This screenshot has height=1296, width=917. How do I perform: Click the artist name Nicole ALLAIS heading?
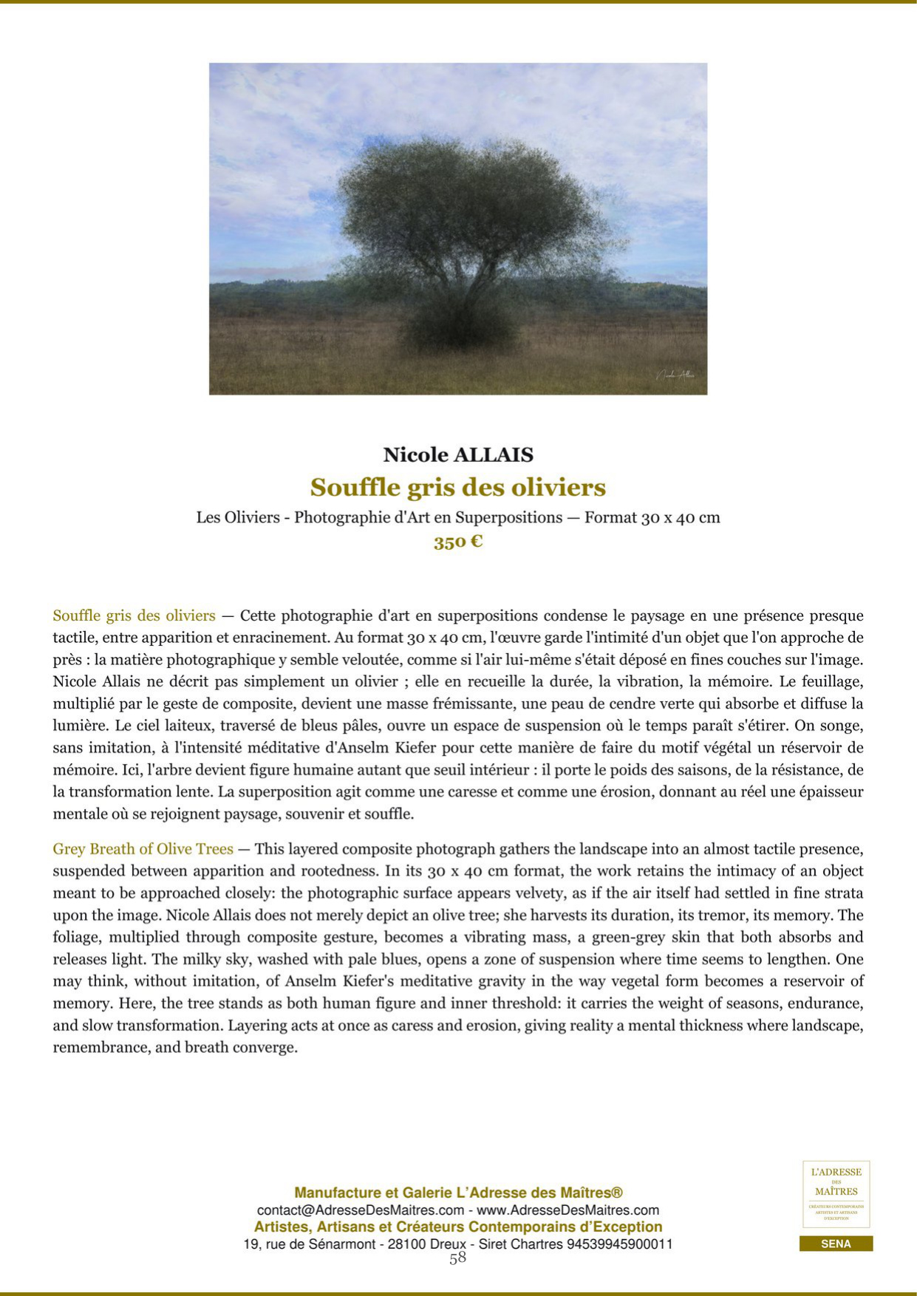tap(458, 455)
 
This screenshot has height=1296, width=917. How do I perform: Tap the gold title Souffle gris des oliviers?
tap(458, 488)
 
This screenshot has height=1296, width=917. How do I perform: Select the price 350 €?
tap(458, 542)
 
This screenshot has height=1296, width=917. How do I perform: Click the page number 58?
tap(458, 1258)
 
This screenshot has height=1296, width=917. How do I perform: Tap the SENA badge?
tap(836, 1244)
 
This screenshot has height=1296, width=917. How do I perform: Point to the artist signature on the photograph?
tap(675, 375)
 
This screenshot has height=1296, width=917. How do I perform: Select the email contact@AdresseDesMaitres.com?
tap(361, 1210)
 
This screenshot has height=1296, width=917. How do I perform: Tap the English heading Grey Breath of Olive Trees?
tap(143, 849)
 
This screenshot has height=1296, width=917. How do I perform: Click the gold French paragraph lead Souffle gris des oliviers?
tap(134, 615)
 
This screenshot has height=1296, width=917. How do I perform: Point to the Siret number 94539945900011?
tap(619, 1244)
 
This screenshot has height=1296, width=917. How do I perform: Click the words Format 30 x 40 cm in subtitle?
tap(652, 517)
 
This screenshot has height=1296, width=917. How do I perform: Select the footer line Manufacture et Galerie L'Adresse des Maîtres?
tap(458, 1193)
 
